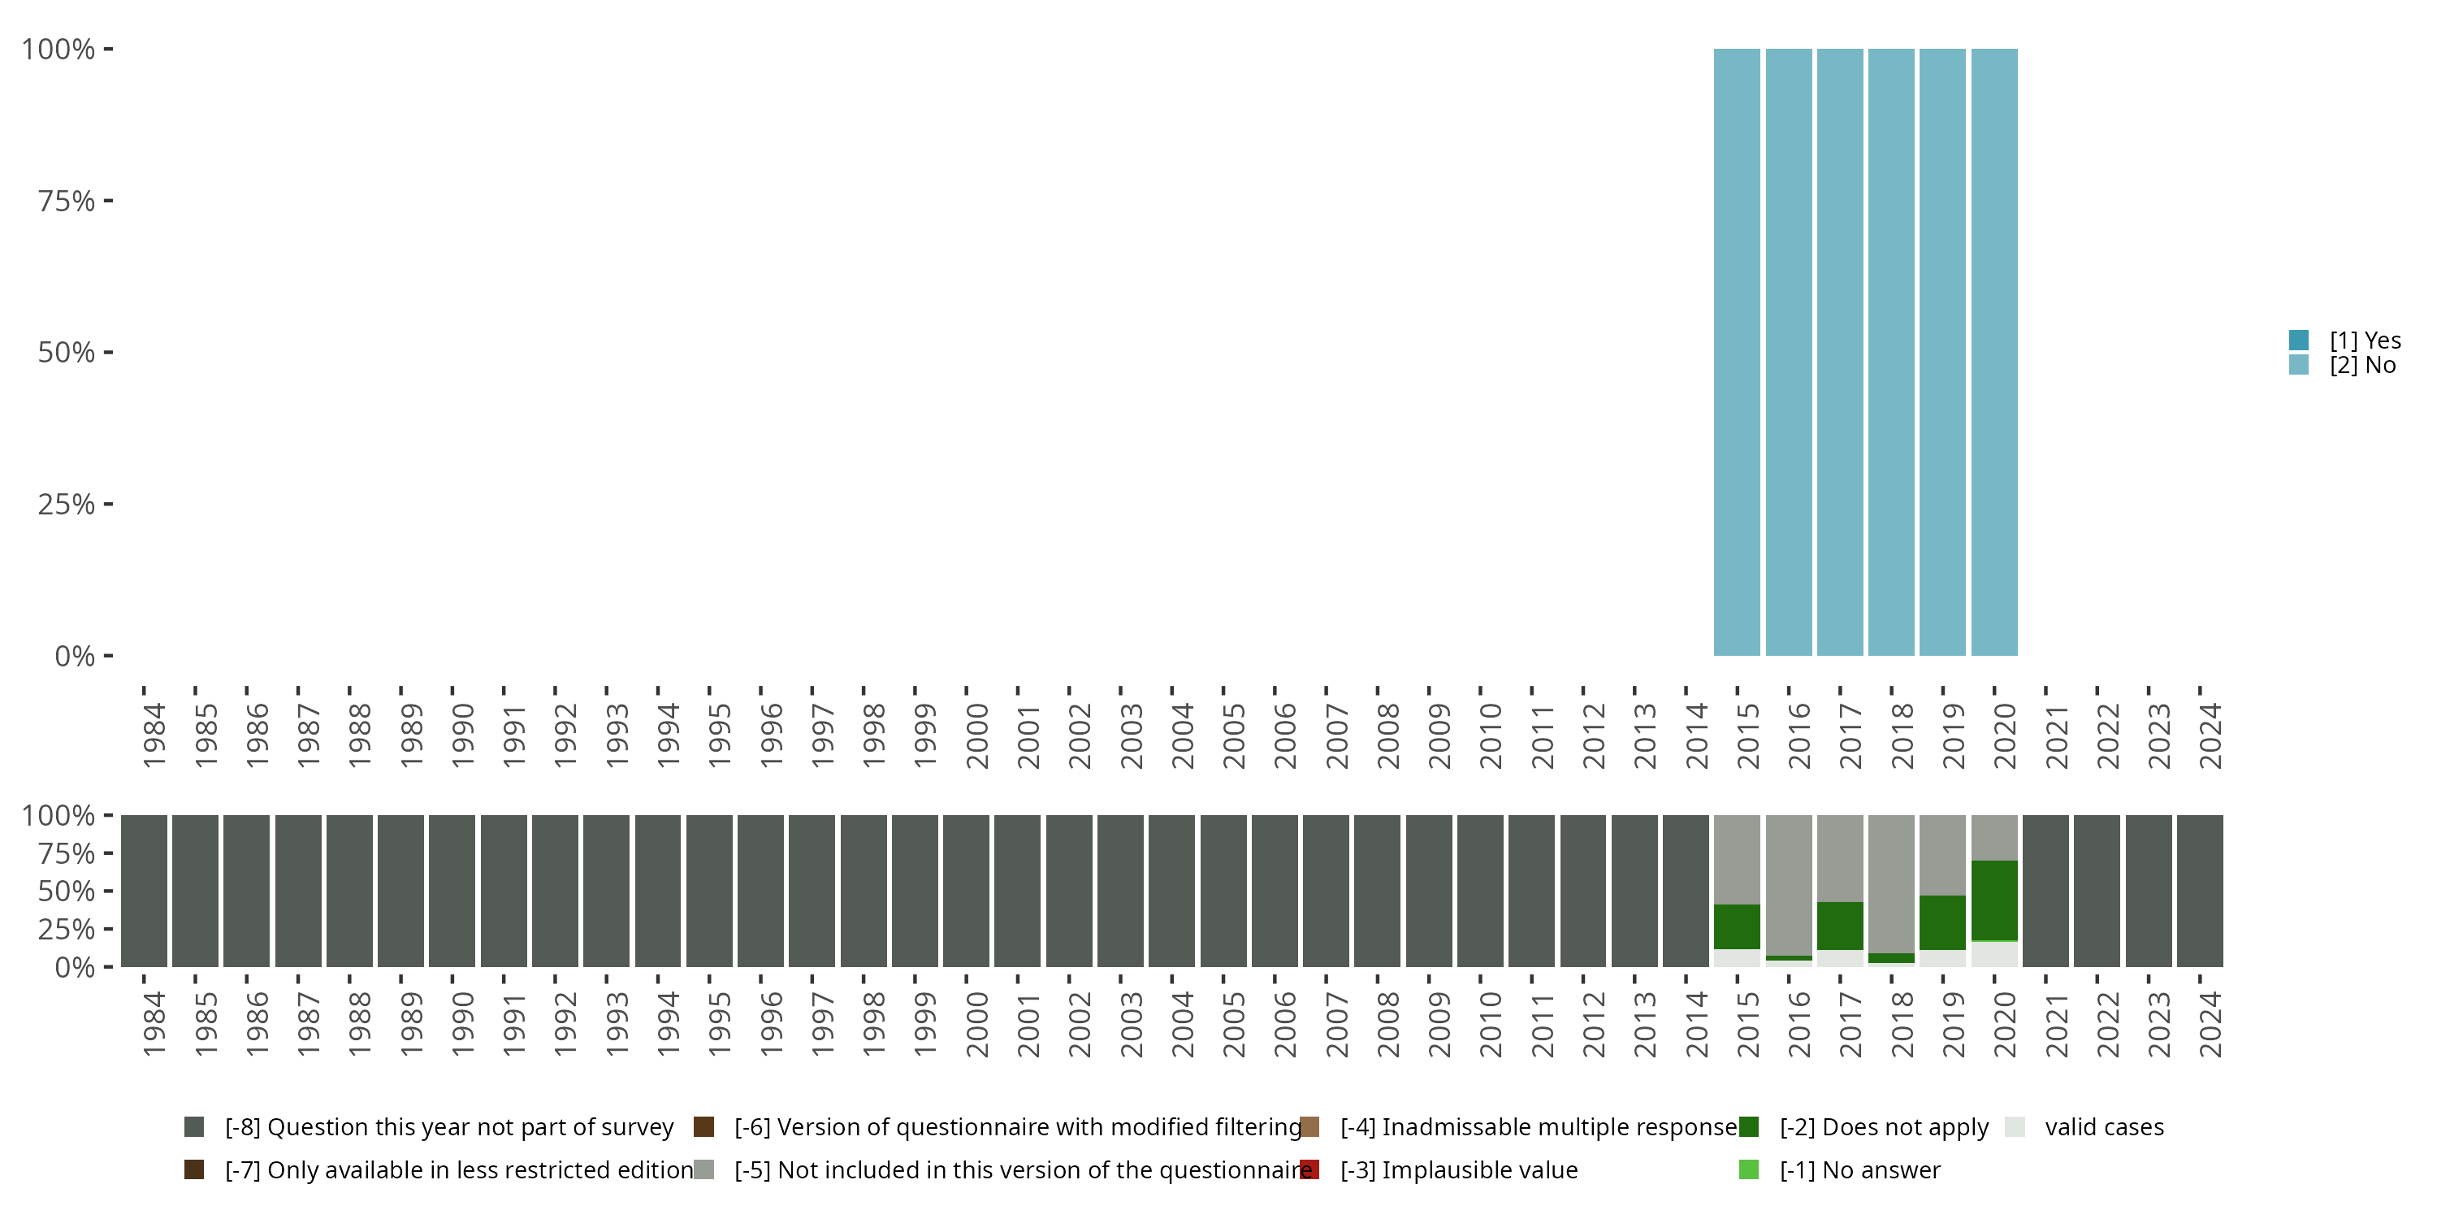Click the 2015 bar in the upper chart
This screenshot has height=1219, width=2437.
pyautogui.click(x=1737, y=352)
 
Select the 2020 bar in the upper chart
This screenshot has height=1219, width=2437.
pyautogui.click(x=1994, y=352)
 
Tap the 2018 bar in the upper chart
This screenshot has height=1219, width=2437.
pyautogui.click(x=1891, y=352)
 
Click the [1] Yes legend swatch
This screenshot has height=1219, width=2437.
pyautogui.click(x=2299, y=340)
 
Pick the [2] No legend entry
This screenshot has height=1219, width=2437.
pyautogui.click(x=2362, y=366)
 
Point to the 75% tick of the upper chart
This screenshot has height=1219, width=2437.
pyautogui.click(x=108, y=201)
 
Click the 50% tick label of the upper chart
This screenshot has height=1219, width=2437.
pyautogui.click(x=67, y=353)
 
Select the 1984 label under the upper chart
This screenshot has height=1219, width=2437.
pyautogui.click(x=154, y=735)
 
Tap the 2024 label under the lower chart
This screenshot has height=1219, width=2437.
pyautogui.click(x=2210, y=1024)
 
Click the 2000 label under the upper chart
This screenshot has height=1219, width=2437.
pyautogui.click(x=976, y=735)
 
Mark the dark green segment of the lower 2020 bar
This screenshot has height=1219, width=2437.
pyautogui.click(x=1994, y=900)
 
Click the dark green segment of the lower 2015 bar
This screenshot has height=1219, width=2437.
pyautogui.click(x=1737, y=926)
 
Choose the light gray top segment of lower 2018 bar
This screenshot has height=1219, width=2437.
pyautogui.click(x=1891, y=883)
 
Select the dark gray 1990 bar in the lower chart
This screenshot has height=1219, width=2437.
pyautogui.click(x=452, y=891)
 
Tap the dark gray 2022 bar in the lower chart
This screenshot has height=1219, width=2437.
pyautogui.click(x=2097, y=891)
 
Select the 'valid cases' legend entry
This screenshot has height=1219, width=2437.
pyautogui.click(x=2103, y=1127)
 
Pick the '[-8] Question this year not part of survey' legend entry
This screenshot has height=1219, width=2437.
pyautogui.click(x=448, y=1127)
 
